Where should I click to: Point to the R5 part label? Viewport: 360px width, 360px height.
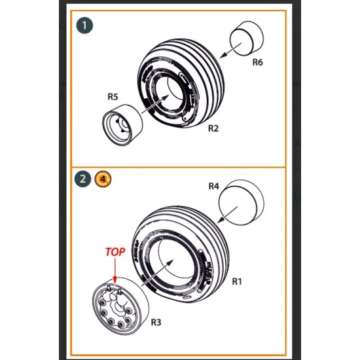click(x=113, y=97)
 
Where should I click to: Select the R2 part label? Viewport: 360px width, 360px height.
click(x=213, y=128)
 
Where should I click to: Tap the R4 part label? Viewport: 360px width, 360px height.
click(x=213, y=187)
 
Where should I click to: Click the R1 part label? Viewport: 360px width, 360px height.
click(x=238, y=282)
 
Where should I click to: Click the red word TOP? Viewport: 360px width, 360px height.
click(x=116, y=251)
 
